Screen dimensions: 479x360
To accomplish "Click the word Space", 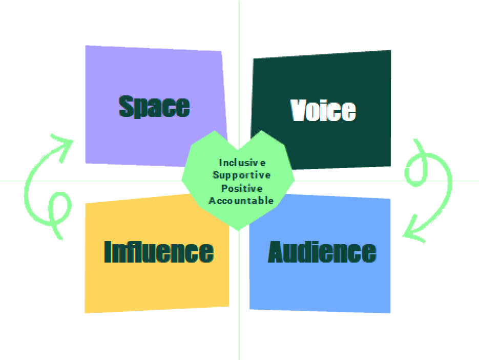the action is [x=154, y=107].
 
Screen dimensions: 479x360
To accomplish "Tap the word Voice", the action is [x=323, y=110].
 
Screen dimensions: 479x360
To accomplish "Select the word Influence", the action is [x=159, y=252].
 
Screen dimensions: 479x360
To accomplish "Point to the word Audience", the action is [x=322, y=252].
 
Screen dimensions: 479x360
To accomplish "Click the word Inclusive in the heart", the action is [x=242, y=163].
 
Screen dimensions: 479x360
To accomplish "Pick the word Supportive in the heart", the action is [x=241, y=175].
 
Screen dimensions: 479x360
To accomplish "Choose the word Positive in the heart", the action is [x=242, y=188].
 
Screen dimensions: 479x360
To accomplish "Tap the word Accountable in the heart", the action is [x=241, y=201].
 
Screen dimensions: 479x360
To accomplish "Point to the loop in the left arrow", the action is [x=60, y=208].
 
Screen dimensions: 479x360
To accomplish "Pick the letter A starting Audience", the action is [x=277, y=252].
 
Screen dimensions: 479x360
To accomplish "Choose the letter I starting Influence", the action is [x=108, y=252].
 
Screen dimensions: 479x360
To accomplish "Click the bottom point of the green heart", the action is [x=239, y=230].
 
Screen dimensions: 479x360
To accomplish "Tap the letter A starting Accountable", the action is [x=212, y=201].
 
